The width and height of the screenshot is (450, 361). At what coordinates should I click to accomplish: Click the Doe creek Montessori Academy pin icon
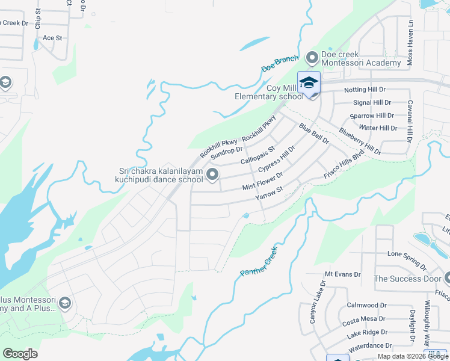pos(312,58)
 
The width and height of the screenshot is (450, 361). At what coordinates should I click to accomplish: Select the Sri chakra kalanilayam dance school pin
pos(212,174)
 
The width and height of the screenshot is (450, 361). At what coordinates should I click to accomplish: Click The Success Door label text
pos(407,279)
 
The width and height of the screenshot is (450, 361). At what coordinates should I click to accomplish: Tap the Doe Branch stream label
pos(280,65)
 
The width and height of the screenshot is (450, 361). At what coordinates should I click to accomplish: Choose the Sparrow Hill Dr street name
pos(372,116)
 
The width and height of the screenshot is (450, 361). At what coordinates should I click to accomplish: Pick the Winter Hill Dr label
pos(377,128)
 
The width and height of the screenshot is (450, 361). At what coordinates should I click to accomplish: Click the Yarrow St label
pos(269,194)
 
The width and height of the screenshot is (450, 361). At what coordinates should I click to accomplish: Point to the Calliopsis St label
pos(257,155)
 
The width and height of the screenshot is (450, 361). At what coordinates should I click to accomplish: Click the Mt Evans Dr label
pos(342,274)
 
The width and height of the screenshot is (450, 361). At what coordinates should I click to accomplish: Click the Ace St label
pos(52,38)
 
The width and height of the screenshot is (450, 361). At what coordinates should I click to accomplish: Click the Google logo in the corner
pos(20,354)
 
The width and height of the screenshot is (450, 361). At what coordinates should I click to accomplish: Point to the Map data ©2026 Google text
pos(412,356)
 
